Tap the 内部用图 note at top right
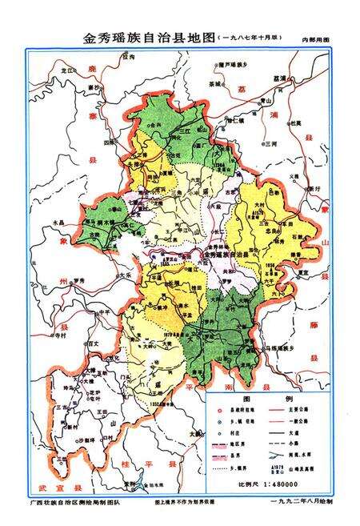tap(314, 39)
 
